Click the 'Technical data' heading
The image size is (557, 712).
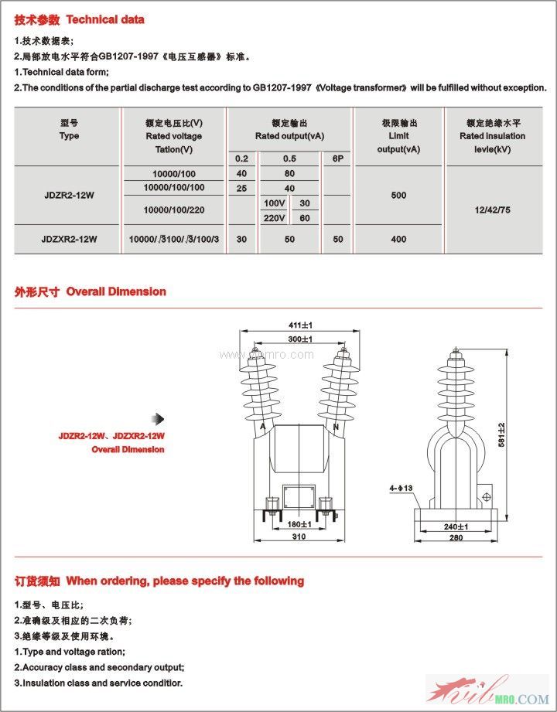(x=106, y=19)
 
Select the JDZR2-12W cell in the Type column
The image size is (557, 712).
(x=69, y=196)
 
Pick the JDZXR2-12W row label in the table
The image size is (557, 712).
(x=69, y=240)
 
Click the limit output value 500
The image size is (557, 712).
(x=398, y=196)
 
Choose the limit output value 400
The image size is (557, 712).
(x=398, y=240)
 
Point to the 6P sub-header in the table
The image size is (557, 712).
(x=337, y=158)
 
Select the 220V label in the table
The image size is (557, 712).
(x=275, y=218)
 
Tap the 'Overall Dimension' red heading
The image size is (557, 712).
(x=116, y=291)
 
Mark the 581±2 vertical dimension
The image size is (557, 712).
(x=501, y=435)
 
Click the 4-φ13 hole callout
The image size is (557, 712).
(x=402, y=488)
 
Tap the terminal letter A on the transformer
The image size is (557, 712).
(x=264, y=427)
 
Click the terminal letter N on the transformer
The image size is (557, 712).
(x=336, y=427)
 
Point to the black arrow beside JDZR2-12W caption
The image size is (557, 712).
(x=159, y=419)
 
